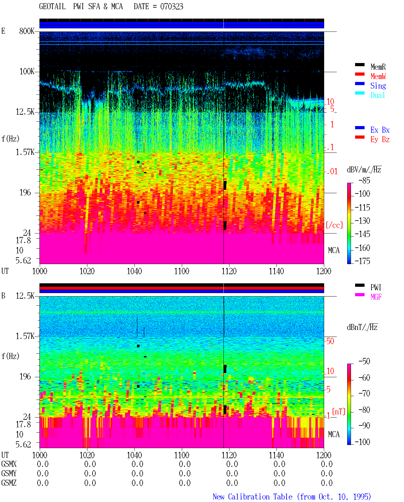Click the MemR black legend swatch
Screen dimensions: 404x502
[359, 65]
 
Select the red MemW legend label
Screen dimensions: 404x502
[378, 76]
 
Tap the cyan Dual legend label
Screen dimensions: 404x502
[377, 95]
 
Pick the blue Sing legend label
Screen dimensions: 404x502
[378, 86]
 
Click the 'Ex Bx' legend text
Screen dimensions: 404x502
[380, 130]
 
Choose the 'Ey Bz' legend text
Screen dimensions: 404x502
[380, 140]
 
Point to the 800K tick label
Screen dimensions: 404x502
[27, 31]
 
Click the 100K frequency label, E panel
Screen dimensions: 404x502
[27, 72]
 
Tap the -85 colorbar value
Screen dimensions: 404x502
[364, 180]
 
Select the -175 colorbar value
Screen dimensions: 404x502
[362, 261]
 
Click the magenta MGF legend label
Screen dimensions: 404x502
[376, 297]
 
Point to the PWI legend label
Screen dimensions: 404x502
[376, 287]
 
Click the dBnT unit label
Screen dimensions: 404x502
[362, 327]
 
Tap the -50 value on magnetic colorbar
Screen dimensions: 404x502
[364, 361]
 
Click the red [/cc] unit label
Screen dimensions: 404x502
[334, 225]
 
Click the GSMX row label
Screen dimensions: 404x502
[9, 464]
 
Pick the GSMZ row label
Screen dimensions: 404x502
[9, 483]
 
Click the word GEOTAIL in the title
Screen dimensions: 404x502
[52, 6]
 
